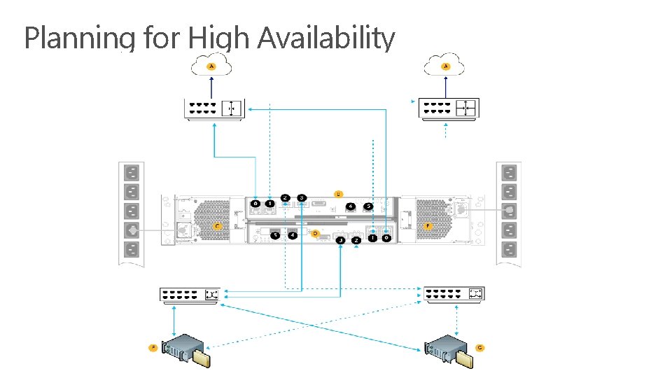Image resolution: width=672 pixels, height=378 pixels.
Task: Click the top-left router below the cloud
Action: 213,108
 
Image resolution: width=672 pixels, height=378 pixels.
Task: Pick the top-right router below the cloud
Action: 449,108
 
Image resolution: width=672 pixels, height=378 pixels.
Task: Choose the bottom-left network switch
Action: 190,295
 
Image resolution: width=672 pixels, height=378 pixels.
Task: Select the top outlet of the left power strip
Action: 131,173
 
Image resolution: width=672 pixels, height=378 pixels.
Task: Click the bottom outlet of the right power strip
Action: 509,248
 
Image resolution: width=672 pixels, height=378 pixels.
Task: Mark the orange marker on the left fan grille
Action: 218,227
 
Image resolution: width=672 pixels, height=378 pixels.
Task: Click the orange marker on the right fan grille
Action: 428,227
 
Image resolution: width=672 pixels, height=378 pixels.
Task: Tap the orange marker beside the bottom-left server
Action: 153,347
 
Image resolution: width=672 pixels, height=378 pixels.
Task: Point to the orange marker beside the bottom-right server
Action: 480,347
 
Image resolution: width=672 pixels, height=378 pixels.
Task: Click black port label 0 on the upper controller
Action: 256,204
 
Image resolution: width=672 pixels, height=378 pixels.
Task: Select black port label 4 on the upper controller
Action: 349,206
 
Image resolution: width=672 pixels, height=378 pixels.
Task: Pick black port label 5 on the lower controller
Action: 276,235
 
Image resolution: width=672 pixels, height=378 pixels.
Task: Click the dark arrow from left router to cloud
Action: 213,87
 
